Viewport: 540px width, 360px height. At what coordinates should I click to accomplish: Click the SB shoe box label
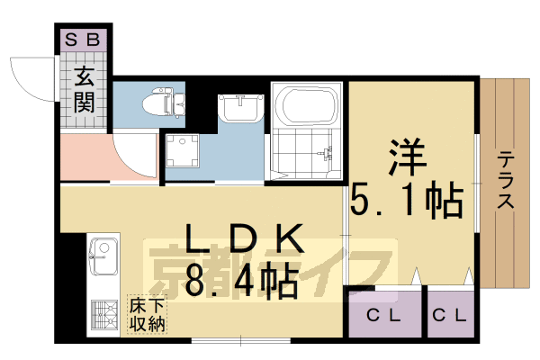tap(86, 40)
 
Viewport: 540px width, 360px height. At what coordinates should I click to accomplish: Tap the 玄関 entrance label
tap(86, 91)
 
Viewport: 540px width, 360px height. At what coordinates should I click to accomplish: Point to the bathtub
tap(309, 107)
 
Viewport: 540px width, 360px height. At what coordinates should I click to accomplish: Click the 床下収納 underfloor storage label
tap(146, 314)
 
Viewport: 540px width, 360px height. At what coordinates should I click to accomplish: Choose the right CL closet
tap(449, 315)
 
